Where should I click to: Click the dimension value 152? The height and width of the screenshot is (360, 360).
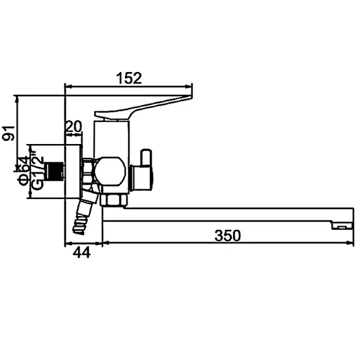tap(129, 78)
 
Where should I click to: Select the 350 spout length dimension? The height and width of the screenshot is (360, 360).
tap(227, 236)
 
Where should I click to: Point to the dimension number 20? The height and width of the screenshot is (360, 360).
tap(74, 126)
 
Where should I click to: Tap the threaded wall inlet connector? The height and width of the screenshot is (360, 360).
tap(57, 171)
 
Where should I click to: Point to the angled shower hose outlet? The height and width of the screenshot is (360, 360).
tap(83, 215)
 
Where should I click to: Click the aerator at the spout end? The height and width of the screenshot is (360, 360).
tap(342, 225)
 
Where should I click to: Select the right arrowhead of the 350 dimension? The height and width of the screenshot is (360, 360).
tap(349, 243)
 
